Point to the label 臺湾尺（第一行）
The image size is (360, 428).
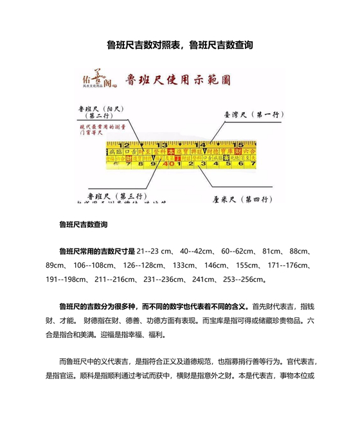[x=250, y=115]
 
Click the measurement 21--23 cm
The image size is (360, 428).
[x=157, y=251]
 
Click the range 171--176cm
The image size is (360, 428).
[x=287, y=265]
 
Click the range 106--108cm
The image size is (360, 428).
[x=91, y=265]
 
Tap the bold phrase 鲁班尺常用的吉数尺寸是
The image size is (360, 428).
[x=96, y=251]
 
